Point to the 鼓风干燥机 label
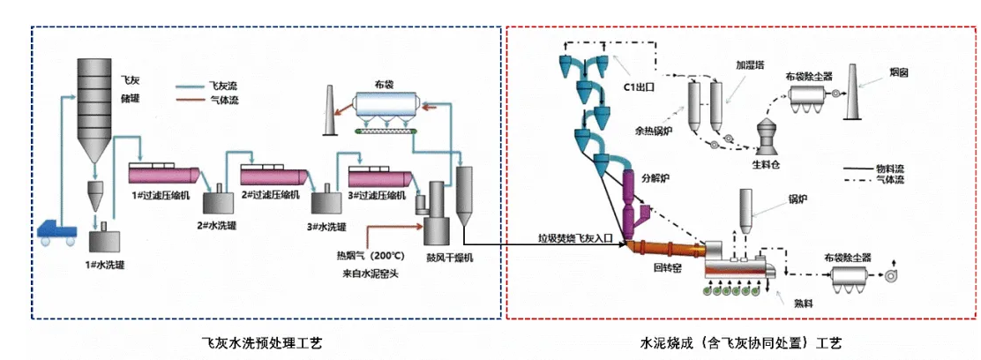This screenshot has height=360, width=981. pyautogui.click(x=446, y=259)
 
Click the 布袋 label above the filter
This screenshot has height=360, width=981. pyautogui.click(x=382, y=86)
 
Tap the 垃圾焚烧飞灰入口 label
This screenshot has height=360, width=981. pyautogui.click(x=578, y=238)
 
